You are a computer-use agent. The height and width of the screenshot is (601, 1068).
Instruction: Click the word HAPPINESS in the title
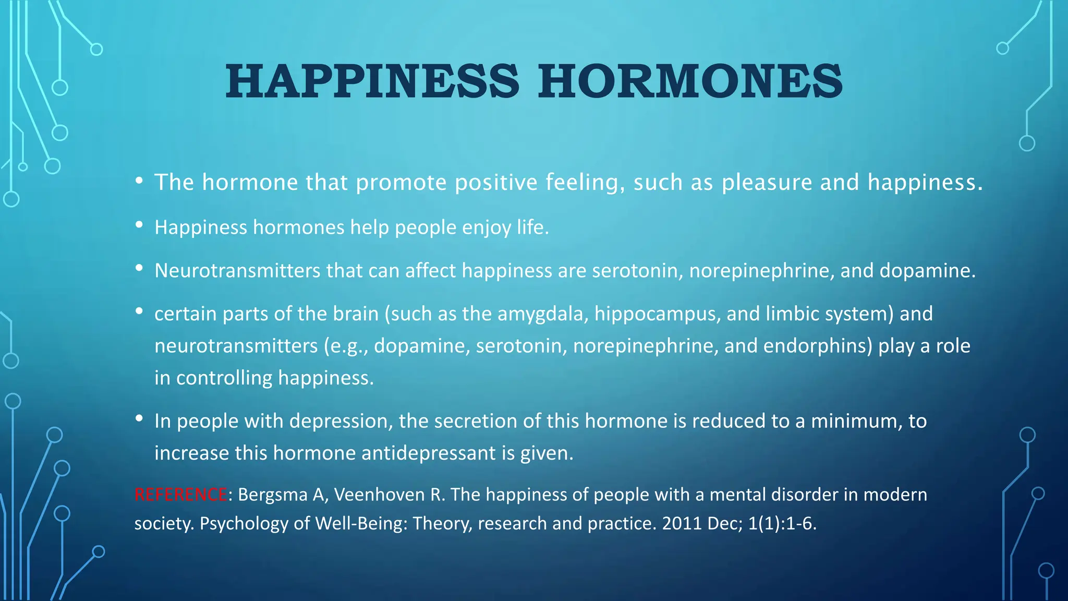(372, 81)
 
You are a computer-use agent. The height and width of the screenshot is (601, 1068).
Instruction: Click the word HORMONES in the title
(690, 81)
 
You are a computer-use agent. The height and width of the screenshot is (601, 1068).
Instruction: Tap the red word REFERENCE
(180, 494)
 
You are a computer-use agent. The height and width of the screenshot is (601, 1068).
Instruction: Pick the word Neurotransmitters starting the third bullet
(237, 271)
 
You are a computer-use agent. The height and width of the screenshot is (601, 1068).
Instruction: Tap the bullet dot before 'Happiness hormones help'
(139, 225)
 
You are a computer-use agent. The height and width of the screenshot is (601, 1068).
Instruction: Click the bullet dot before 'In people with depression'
(139, 418)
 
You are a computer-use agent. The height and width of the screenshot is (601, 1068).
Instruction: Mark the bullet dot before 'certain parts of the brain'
(139, 311)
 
